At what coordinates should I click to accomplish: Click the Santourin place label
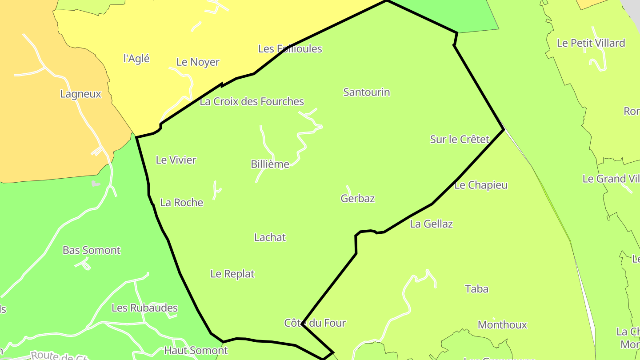pyautogui.click(x=366, y=92)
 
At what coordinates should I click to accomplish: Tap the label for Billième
pyautogui.click(x=270, y=164)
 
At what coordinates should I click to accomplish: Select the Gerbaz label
pyautogui.click(x=357, y=199)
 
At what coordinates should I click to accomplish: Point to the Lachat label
pyautogui.click(x=270, y=237)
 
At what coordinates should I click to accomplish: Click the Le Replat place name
pyautogui.click(x=232, y=274)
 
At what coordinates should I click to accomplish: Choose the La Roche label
pyautogui.click(x=181, y=203)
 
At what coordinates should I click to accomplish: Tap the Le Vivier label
pyautogui.click(x=176, y=160)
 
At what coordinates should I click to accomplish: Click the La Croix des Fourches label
pyautogui.click(x=252, y=102)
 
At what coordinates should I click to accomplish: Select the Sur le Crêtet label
pyautogui.click(x=459, y=140)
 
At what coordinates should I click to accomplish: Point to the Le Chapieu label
pyautogui.click(x=480, y=185)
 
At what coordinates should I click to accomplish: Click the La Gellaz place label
pyautogui.click(x=431, y=224)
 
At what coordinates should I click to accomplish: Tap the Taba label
pyautogui.click(x=476, y=289)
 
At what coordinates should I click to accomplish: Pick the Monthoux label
pyautogui.click(x=502, y=325)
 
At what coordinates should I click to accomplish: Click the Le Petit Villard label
pyautogui.click(x=591, y=43)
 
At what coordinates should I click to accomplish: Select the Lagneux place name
pyautogui.click(x=80, y=94)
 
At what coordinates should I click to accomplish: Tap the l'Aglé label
pyautogui.click(x=136, y=59)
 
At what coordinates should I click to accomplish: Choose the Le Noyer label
pyautogui.click(x=198, y=62)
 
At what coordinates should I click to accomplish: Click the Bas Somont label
pyautogui.click(x=91, y=250)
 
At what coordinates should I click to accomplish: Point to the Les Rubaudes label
pyautogui.click(x=144, y=308)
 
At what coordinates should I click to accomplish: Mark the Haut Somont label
pyautogui.click(x=196, y=350)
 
